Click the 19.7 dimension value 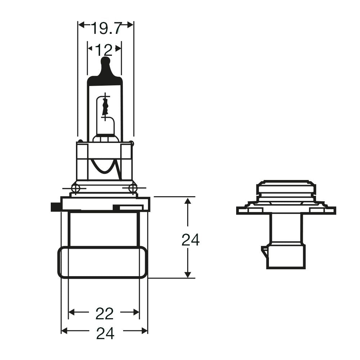[106, 28]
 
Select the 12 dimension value [104, 50]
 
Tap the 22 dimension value [104, 314]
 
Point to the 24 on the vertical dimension [190, 240]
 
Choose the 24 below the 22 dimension [105, 334]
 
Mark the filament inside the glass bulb [105, 106]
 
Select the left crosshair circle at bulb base [76, 188]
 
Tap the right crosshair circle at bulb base [133, 188]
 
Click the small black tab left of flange [55, 207]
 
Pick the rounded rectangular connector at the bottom [103, 262]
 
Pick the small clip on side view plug [264, 252]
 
